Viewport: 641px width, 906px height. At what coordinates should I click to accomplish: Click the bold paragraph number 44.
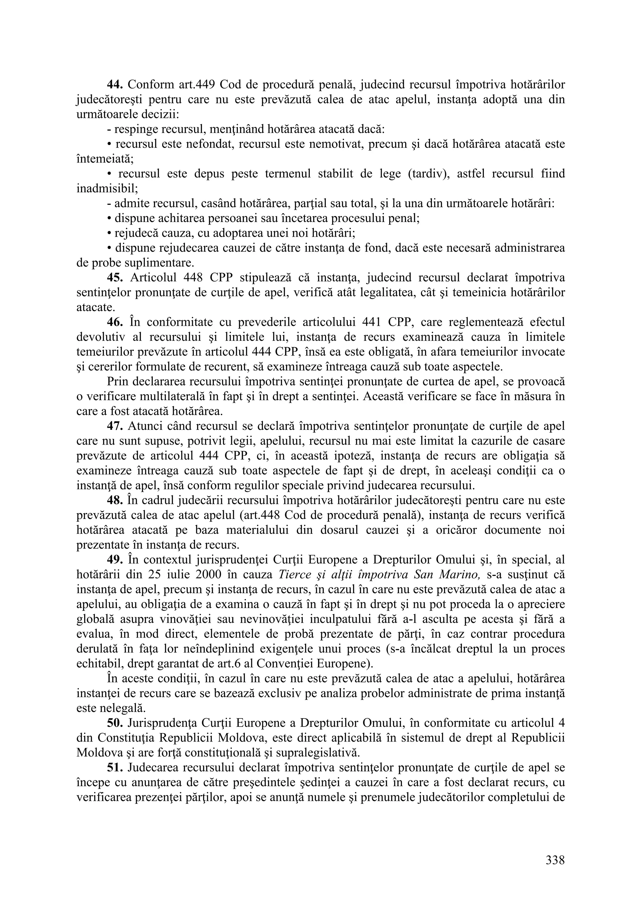coord(115,84)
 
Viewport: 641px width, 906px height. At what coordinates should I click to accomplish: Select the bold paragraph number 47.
coord(115,426)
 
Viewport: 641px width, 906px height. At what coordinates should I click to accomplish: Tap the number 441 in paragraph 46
coord(371,322)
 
